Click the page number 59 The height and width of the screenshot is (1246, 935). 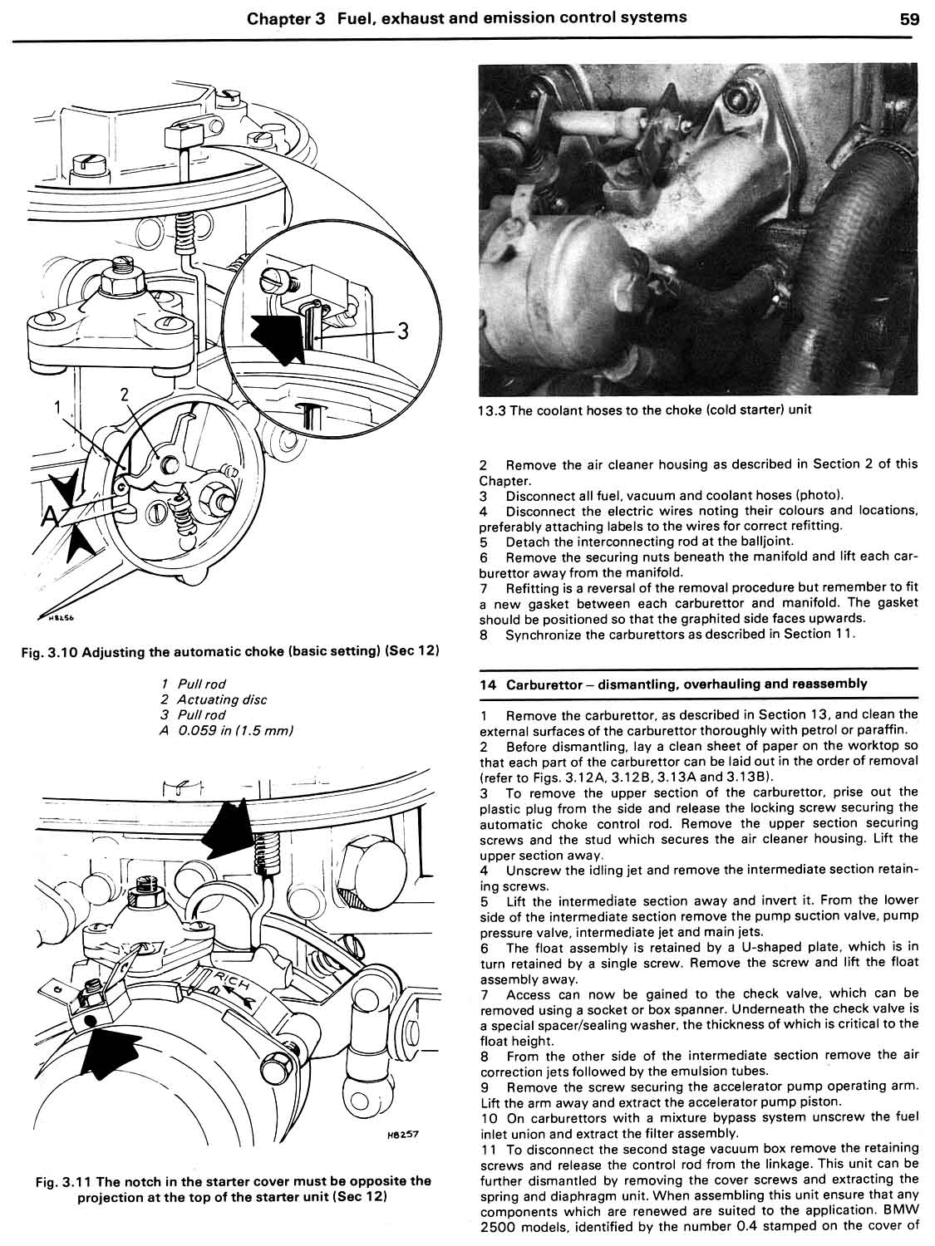point(908,18)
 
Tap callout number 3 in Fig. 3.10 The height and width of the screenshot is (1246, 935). point(402,331)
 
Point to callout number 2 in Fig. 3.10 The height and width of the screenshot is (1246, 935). point(125,395)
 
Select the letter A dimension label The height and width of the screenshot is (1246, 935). point(50,517)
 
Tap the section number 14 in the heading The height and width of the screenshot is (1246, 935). point(488,684)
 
